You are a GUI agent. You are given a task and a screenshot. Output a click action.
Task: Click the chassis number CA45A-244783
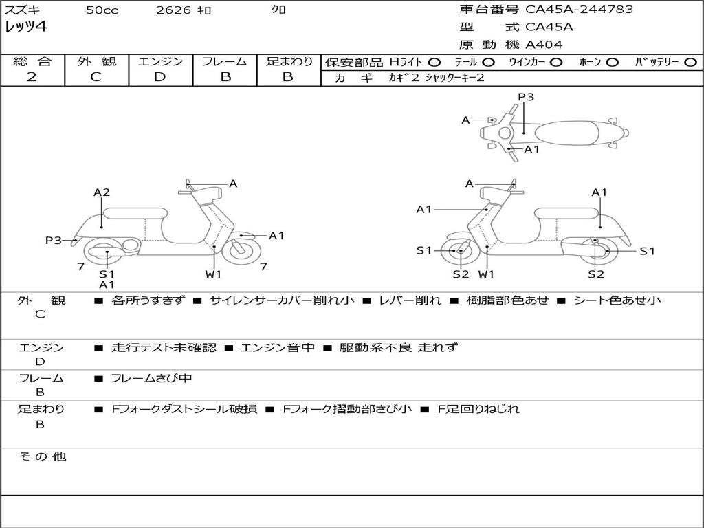coord(579,9)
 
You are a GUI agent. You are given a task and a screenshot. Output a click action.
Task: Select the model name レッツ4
coord(25,27)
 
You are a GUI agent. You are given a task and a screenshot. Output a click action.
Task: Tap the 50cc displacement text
coord(102,10)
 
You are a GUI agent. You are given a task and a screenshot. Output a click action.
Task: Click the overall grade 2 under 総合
coord(32,77)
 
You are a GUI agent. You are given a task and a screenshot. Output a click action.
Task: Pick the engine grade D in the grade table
coord(159,77)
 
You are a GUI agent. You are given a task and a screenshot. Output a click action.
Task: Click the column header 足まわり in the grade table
coord(289,61)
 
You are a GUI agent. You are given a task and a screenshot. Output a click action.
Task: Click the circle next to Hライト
coord(434,63)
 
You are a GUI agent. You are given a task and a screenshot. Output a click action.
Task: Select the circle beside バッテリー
coord(690,63)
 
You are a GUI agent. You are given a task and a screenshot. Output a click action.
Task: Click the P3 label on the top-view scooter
coord(526,97)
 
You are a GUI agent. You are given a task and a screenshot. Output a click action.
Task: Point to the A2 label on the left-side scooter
coord(102,192)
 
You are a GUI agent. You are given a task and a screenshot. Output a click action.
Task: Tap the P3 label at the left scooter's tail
coord(54,240)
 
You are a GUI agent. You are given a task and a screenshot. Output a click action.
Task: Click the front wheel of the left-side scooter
coord(241,252)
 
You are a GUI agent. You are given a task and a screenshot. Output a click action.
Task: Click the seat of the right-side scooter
coord(566,214)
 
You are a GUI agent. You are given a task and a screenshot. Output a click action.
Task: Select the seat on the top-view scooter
coord(567,133)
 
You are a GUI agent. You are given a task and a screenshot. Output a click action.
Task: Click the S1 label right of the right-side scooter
coord(647,251)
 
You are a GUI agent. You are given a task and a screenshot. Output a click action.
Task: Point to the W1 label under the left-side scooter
coord(213,274)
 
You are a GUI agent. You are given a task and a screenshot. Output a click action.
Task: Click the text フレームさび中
coord(151,379)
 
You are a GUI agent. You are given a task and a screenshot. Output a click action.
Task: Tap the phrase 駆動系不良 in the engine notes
coord(376,347)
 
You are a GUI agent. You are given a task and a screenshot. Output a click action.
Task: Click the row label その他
coord(42,456)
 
